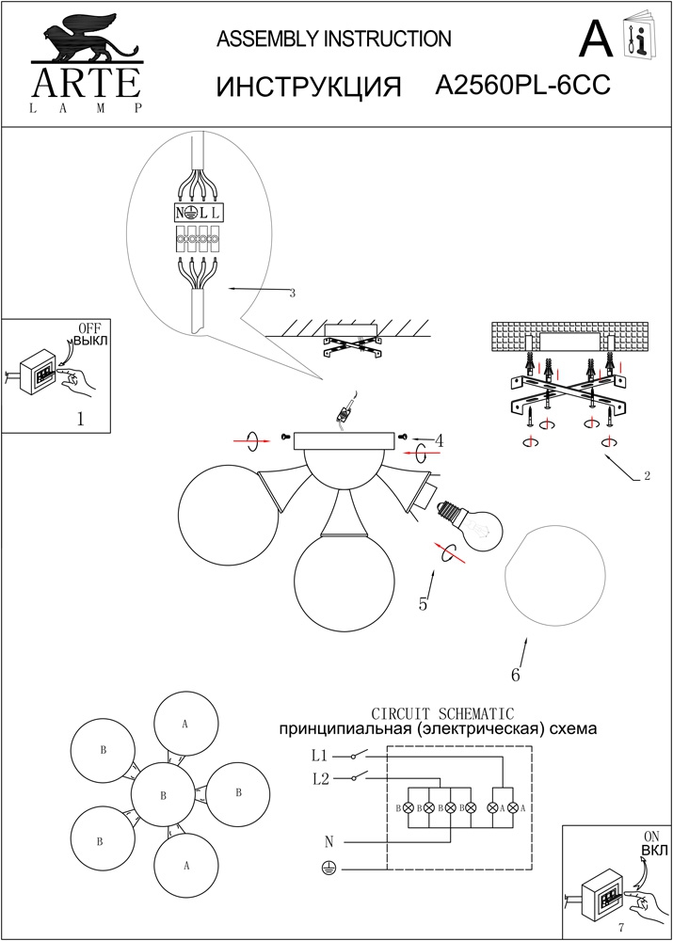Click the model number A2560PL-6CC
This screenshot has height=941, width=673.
click(523, 86)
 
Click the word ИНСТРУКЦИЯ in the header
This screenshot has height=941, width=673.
click(309, 87)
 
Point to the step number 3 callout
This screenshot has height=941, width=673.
click(292, 294)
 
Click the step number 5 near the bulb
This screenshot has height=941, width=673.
click(424, 603)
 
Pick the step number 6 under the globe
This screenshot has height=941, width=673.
click(515, 674)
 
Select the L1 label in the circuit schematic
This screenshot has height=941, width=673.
click(319, 755)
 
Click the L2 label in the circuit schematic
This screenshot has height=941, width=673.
click(319, 778)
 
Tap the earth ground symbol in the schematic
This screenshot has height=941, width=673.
click(328, 869)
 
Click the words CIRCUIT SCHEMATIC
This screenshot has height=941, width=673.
click(442, 713)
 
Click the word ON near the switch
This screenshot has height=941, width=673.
click(650, 836)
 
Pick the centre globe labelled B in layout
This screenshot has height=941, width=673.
click(164, 795)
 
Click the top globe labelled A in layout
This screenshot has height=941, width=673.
click(185, 725)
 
